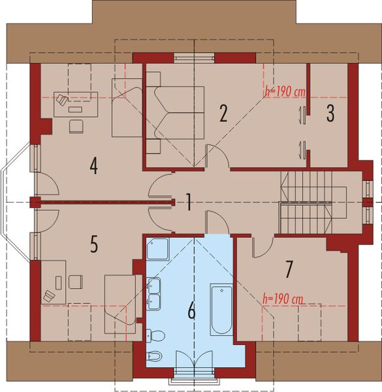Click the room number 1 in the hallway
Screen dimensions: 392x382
tap(187, 203)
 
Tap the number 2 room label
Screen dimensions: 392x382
tap(223, 114)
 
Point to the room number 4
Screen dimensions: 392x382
tap(94, 167)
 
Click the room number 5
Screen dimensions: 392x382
tap(94, 244)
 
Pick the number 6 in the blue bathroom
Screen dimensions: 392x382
tap(191, 311)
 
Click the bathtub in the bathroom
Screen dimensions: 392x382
tap(221, 309)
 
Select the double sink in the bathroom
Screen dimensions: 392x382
tap(155, 293)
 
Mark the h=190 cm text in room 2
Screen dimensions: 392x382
tap(285, 92)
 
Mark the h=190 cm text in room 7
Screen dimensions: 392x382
tap(281, 299)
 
